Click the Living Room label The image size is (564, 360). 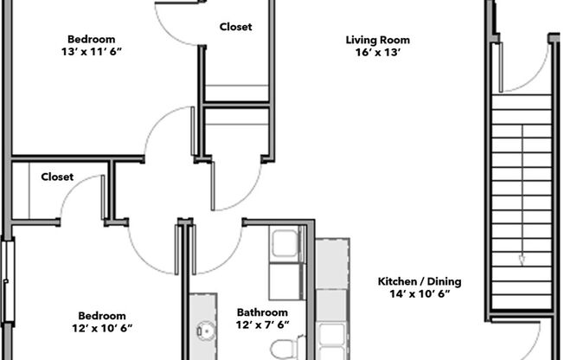[377, 40]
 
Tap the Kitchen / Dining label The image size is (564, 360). [420, 281]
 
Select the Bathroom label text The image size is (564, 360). [262, 312]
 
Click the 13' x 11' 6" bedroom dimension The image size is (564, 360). [92, 51]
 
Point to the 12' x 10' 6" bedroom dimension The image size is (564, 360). [102, 329]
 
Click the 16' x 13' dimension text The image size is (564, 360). [377, 52]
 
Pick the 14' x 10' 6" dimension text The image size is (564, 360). [420, 294]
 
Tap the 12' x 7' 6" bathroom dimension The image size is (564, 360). [262, 325]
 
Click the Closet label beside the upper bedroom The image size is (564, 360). [235, 27]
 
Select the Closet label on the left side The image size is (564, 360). [57, 177]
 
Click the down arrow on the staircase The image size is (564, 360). [522, 258]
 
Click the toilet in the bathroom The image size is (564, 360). [283, 349]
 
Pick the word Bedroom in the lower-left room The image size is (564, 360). [102, 316]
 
